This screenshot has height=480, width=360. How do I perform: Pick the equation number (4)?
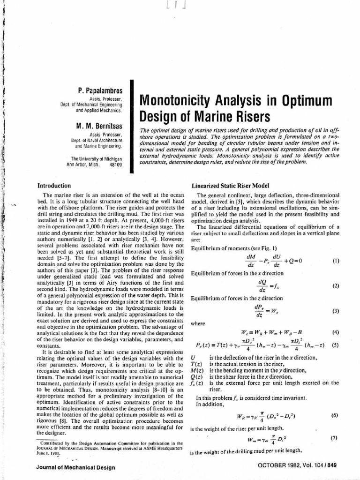[335, 333]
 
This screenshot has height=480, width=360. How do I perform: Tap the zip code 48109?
[115, 165]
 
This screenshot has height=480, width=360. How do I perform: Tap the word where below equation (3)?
[197, 323]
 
